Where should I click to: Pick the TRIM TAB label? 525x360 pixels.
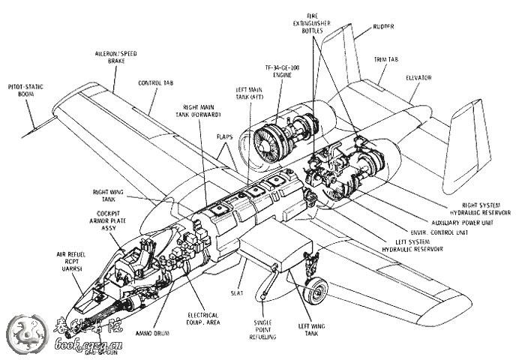[x=386, y=58]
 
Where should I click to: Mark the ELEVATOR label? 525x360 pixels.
[x=419, y=77]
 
